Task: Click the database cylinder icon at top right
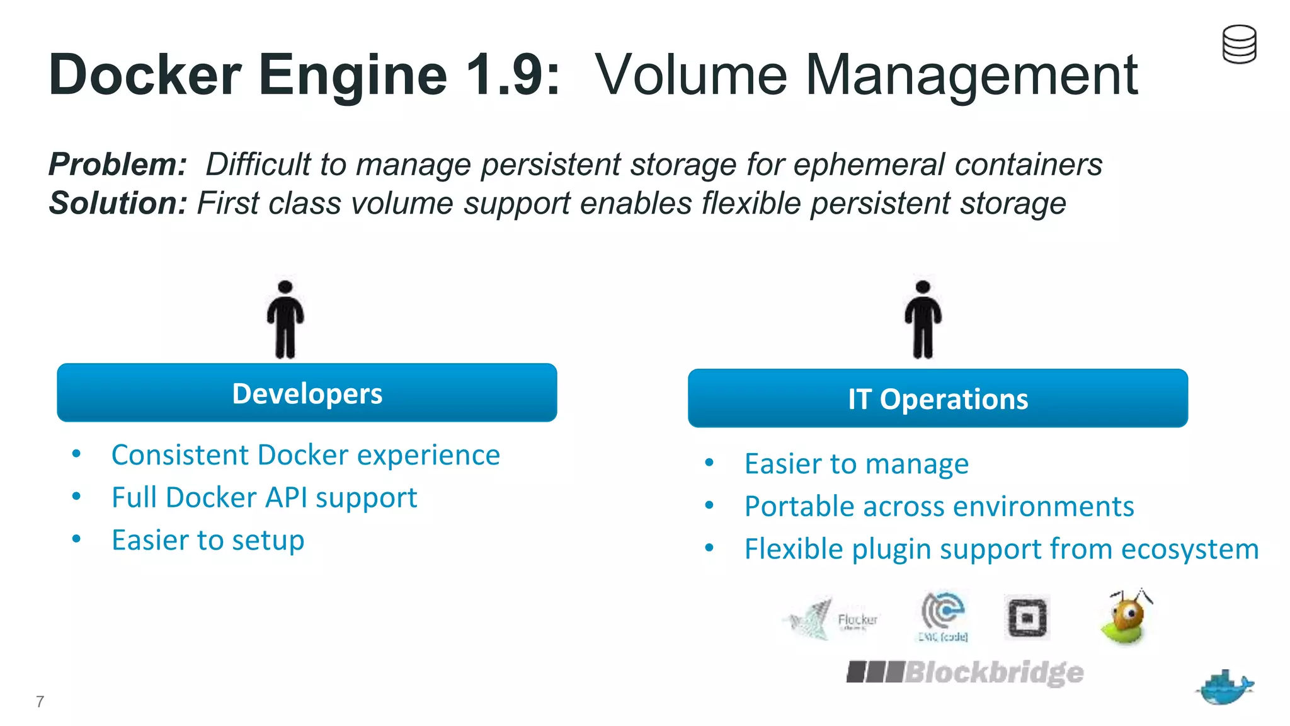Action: click(1239, 44)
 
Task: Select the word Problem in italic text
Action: click(117, 164)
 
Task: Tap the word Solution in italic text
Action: click(117, 204)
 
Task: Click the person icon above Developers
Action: click(285, 320)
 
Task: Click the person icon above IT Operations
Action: click(923, 320)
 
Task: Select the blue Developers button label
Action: click(307, 394)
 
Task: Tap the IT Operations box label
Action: click(937, 400)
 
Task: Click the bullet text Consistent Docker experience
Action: click(305, 455)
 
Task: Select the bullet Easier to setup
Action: click(208, 541)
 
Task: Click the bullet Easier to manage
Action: click(856, 464)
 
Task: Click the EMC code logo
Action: click(943, 616)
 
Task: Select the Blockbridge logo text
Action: click(965, 672)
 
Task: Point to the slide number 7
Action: click(40, 701)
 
